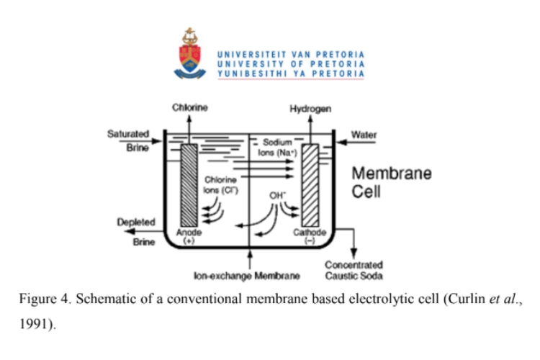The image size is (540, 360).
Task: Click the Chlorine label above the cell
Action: click(x=190, y=108)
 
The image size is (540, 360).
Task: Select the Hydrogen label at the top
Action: click(x=310, y=109)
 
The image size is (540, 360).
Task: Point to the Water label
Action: click(x=364, y=135)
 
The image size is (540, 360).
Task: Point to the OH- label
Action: click(x=278, y=194)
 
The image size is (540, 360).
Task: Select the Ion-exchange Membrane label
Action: click(x=247, y=275)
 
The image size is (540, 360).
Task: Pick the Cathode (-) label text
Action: click(x=311, y=237)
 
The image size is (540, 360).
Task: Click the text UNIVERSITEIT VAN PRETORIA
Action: click(x=291, y=54)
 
